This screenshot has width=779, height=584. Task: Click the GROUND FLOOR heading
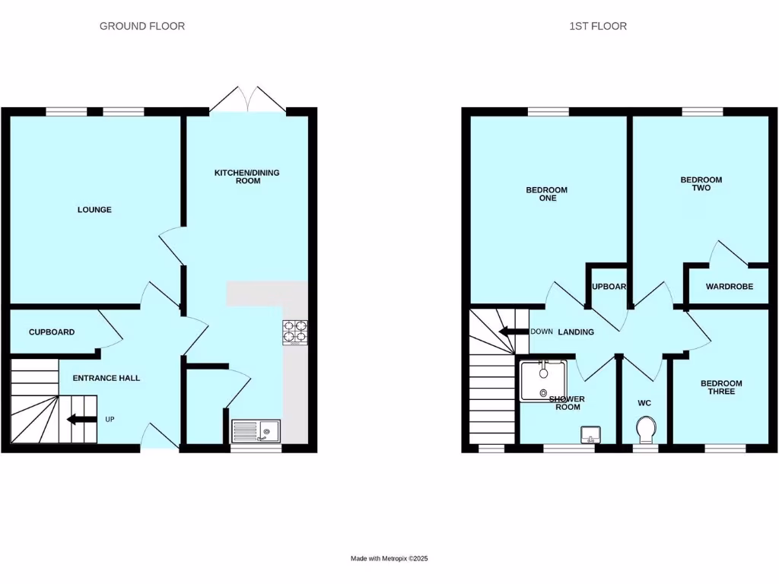click(x=142, y=26)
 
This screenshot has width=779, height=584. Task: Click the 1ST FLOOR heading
click(x=598, y=26)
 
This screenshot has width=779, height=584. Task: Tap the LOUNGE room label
click(x=94, y=210)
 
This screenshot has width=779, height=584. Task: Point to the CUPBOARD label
click(x=52, y=332)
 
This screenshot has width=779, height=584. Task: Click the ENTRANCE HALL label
click(x=106, y=378)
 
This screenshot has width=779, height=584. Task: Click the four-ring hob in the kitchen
click(x=295, y=332)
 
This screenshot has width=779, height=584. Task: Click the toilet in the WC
click(x=646, y=430)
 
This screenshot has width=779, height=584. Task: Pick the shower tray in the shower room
click(x=543, y=380)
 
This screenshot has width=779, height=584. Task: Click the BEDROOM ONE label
click(x=547, y=194)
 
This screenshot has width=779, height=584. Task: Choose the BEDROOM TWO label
click(x=701, y=184)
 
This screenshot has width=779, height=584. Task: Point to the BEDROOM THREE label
click(x=722, y=388)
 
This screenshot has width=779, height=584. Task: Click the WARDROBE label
click(x=730, y=287)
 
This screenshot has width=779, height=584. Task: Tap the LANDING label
click(x=576, y=332)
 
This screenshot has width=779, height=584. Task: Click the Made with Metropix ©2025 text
click(x=389, y=558)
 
